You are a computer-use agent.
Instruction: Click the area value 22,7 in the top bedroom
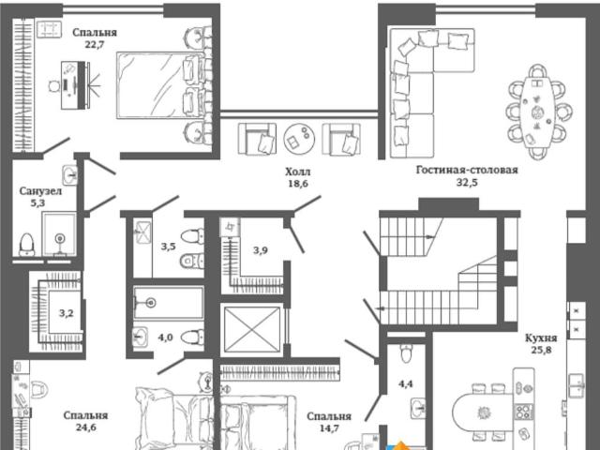(x=95, y=44)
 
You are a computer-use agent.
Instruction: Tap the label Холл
(x=298, y=172)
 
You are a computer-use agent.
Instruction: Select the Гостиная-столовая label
(x=467, y=170)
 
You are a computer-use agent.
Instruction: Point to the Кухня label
(x=541, y=337)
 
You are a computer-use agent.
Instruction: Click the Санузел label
(x=40, y=191)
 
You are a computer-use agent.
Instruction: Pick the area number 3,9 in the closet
(x=261, y=250)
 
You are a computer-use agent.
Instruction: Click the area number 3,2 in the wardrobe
(x=66, y=313)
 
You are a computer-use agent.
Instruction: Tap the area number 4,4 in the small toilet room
(x=406, y=383)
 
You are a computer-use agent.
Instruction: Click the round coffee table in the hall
(x=299, y=139)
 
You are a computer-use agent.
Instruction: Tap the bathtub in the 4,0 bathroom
(x=169, y=303)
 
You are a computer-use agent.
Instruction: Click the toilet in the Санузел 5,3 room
(x=26, y=245)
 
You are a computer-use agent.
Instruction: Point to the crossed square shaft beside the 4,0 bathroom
(x=252, y=329)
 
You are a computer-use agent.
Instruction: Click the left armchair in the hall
(x=257, y=139)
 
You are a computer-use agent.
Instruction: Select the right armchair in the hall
(x=341, y=139)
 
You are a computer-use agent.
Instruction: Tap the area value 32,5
(x=467, y=182)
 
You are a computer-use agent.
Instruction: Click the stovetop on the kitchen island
(x=523, y=412)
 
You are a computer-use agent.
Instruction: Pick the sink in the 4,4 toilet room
(x=418, y=407)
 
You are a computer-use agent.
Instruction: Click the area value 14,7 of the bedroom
(x=329, y=427)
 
